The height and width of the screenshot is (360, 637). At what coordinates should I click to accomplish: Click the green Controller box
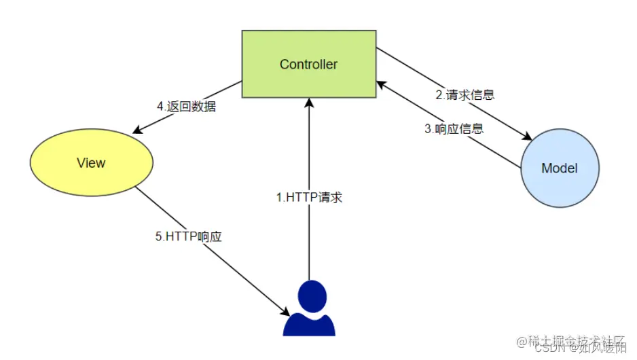308,65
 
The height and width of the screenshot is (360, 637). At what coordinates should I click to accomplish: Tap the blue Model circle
560,168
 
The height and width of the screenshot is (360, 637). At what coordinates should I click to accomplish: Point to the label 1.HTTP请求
309,198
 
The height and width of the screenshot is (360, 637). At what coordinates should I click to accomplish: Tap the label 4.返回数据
186,107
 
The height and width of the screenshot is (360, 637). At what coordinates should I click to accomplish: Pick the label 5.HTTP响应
189,237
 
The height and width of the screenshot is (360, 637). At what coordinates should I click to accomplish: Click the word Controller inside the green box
308,65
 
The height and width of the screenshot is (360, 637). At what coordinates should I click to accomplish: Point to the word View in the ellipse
91,163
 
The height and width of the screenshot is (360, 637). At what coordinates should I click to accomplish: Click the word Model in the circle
560,168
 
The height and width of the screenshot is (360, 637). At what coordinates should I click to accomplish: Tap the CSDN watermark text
549,348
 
